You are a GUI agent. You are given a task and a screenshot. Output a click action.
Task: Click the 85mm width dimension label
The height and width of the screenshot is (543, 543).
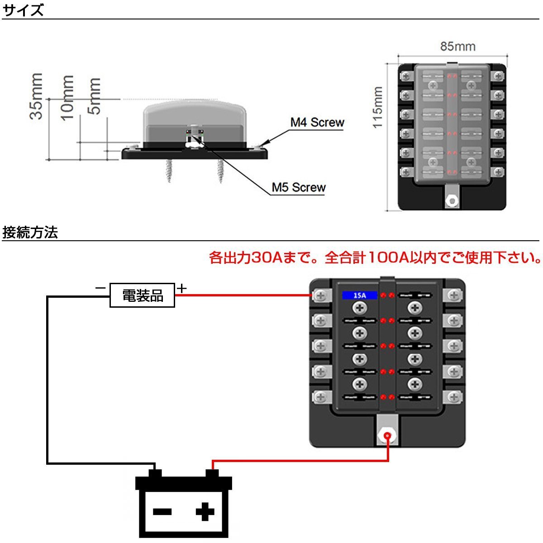point(457,47)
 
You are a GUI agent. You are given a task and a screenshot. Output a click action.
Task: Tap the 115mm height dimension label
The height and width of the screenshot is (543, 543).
point(378,107)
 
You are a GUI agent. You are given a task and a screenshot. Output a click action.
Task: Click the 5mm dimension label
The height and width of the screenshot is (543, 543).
point(94,96)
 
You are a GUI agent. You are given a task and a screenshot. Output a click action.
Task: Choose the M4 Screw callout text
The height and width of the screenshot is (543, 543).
point(317,122)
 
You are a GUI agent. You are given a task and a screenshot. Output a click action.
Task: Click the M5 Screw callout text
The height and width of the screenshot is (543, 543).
point(299,187)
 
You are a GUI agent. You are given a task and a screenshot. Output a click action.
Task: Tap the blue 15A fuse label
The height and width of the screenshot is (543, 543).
point(359,295)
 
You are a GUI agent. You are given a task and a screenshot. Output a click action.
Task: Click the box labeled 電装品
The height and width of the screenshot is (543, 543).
point(143,295)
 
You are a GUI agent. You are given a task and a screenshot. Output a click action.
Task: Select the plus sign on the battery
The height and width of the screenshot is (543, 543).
point(205,512)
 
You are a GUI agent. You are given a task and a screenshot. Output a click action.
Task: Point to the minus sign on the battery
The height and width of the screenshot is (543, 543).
point(162,512)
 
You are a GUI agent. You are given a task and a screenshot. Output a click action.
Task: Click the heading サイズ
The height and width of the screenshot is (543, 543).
point(23,10)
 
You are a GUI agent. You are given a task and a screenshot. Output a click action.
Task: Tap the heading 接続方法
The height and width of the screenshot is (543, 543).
point(30,233)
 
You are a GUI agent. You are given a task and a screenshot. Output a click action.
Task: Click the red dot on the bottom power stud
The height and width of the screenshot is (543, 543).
point(388,437)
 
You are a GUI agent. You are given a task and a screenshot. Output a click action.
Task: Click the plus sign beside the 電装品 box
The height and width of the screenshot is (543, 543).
point(181,288)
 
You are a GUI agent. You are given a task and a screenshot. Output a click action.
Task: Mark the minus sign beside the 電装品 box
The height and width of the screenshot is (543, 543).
point(100,288)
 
